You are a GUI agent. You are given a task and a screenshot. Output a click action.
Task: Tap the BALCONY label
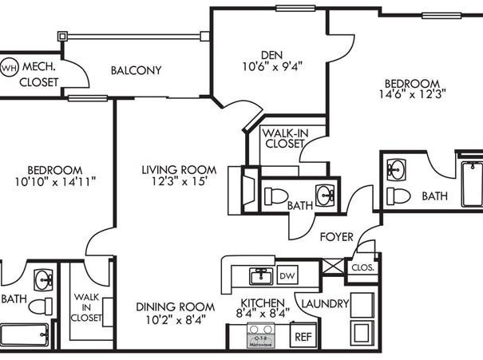point(136,70)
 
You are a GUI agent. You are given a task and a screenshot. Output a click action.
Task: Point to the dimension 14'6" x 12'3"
point(414,93)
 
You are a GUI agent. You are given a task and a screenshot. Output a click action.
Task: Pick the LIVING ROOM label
point(179,169)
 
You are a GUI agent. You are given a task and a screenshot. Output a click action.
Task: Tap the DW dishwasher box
point(287,275)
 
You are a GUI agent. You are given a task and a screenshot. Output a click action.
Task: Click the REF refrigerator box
point(303,337)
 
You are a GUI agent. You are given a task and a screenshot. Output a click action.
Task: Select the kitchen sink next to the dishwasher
point(259,276)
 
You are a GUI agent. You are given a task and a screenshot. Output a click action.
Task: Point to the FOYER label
point(336,237)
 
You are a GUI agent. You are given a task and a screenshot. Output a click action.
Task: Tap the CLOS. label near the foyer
point(363,268)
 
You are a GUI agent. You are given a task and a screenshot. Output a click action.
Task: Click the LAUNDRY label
point(325,303)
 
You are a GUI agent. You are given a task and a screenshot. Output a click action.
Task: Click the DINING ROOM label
point(175,307)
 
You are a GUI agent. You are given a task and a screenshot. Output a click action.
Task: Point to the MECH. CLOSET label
point(38,73)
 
